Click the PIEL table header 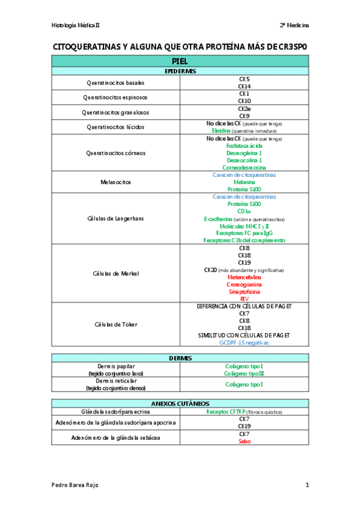point(180,61)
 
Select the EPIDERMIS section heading point(180,71)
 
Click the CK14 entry point(244,86)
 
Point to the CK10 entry point(244,101)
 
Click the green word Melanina point(244,182)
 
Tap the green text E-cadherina point(222,219)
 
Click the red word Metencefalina point(244,277)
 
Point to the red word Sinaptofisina point(244,292)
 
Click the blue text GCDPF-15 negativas point(244,342)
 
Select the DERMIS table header point(180,358)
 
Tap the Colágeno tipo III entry point(244,373)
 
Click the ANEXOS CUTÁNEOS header point(180,403)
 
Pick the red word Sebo point(244,441)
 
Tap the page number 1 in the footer point(307,485)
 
